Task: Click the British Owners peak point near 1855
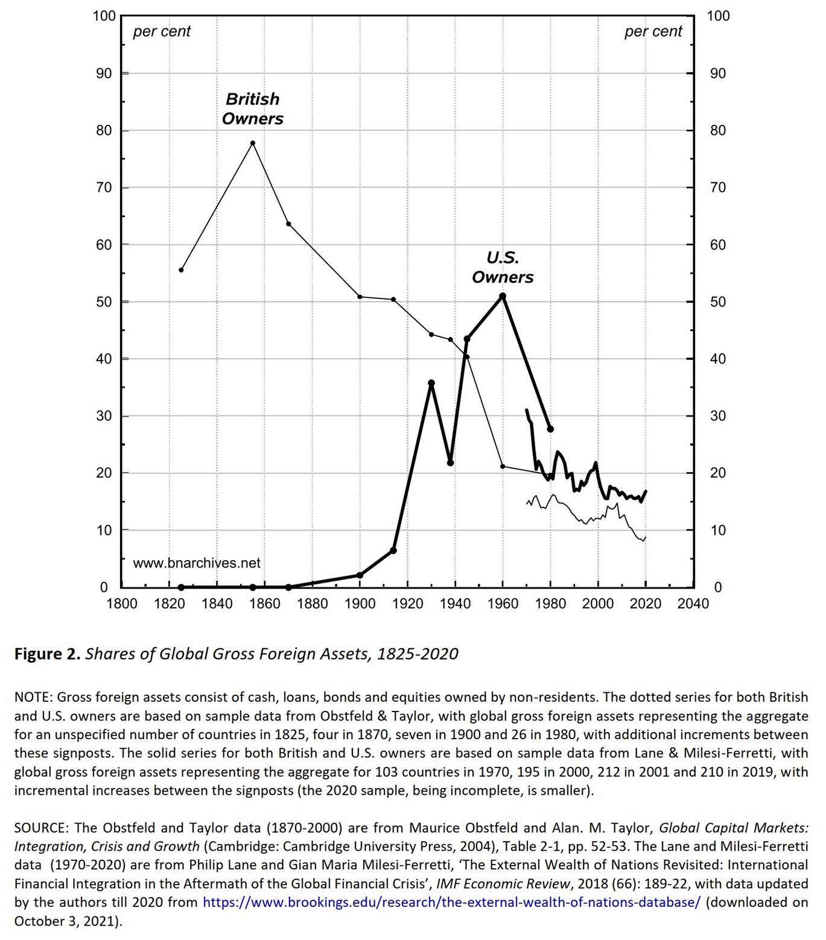click(253, 143)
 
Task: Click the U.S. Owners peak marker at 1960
click(503, 296)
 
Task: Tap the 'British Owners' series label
click(252, 109)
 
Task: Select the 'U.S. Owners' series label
click(503, 267)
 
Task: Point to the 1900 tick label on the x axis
click(360, 604)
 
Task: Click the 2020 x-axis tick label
click(646, 604)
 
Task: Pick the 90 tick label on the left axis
click(103, 74)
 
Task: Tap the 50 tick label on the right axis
click(718, 301)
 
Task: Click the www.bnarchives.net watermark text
click(197, 563)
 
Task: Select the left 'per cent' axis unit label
click(162, 31)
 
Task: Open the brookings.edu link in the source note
click(451, 902)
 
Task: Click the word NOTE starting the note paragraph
click(33, 697)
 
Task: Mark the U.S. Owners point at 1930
click(431, 383)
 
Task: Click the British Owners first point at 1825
click(181, 270)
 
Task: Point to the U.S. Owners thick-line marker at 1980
click(550, 429)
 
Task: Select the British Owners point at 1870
click(288, 224)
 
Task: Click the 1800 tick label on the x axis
click(121, 604)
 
